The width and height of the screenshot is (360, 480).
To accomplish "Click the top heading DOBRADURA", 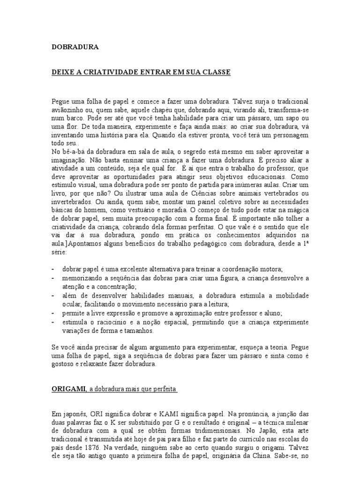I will click(75, 47).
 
